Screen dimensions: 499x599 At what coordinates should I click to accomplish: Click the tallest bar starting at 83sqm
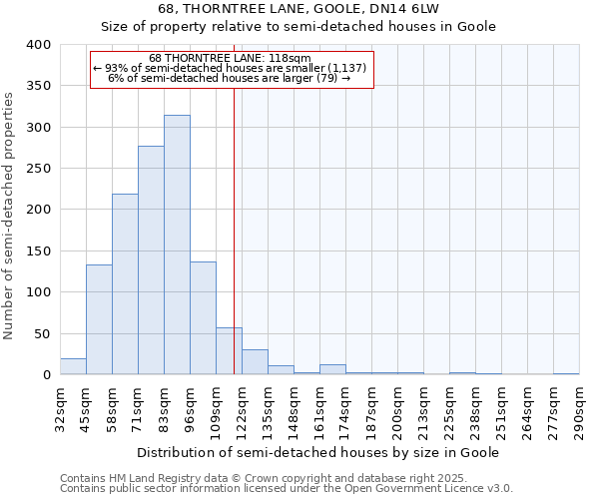point(177,245)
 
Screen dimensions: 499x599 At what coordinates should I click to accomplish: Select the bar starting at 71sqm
point(151,259)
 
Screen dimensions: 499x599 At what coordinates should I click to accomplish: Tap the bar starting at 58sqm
point(125,284)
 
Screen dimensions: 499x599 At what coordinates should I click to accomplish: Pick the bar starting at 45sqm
point(99,319)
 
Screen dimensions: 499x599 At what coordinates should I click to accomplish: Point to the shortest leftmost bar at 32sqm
point(73,366)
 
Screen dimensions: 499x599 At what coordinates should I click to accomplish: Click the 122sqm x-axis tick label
point(242,409)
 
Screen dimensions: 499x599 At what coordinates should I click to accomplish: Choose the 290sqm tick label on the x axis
point(579,409)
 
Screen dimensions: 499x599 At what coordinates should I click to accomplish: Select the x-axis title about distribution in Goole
point(317,452)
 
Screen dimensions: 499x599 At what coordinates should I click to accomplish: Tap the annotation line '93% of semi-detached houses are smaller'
point(231,68)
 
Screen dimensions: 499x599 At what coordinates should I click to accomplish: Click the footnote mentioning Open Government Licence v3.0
point(287,488)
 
